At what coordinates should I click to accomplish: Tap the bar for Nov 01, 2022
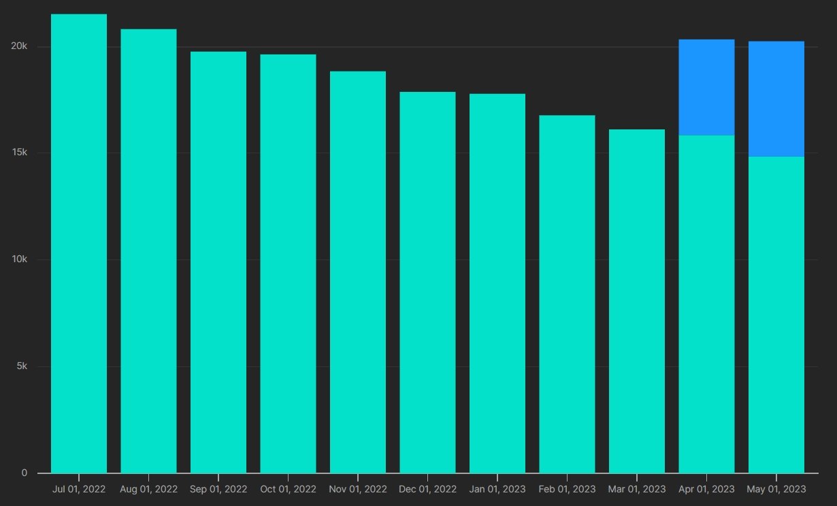(x=358, y=272)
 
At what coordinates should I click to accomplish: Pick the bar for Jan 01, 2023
(x=497, y=283)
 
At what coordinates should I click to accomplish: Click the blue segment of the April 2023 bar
(x=706, y=87)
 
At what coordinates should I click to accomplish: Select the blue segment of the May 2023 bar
(x=776, y=99)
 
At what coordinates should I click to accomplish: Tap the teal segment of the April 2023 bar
(x=706, y=304)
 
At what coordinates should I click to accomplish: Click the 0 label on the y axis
(x=24, y=473)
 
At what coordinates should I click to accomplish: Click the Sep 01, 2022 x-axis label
(x=218, y=489)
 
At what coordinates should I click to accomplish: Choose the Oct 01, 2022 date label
(x=288, y=489)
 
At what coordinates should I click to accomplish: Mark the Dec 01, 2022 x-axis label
(x=427, y=489)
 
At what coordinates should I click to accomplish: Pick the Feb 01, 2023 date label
(x=567, y=489)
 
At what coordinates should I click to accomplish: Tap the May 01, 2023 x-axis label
(x=776, y=489)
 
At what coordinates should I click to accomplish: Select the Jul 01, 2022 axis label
(x=79, y=489)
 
